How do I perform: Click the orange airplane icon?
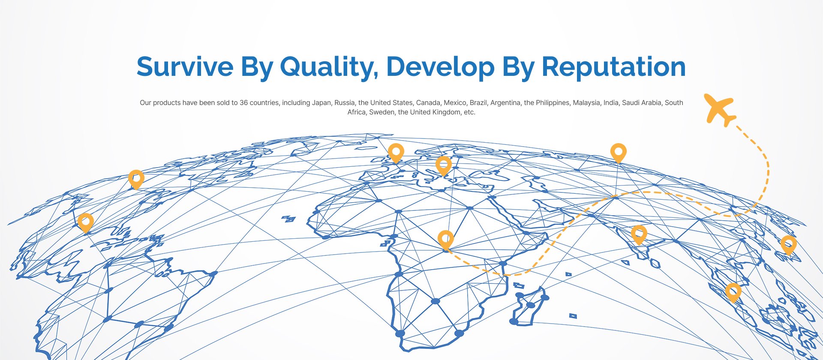coord(720,109)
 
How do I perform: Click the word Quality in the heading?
coord(329,67)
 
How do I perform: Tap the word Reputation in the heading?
coord(613,67)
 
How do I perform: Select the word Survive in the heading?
coord(185,67)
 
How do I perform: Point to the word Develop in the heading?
coord(440,67)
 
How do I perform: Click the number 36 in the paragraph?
coord(243,103)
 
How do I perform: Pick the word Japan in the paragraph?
coord(321,103)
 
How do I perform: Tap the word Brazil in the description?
coord(478,103)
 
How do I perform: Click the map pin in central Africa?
coord(446,240)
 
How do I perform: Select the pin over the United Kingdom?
coord(396,153)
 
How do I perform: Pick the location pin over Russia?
coord(618,153)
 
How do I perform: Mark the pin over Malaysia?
coord(733,293)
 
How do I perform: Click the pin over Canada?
coord(136,180)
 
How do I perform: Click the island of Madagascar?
coord(530,306)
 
